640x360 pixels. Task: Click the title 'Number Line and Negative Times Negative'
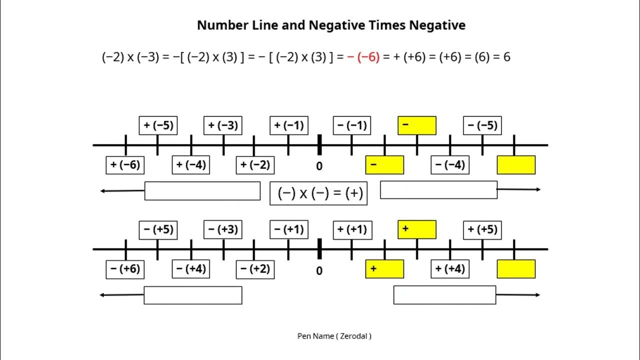tap(331, 25)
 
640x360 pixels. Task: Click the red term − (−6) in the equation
tap(363, 57)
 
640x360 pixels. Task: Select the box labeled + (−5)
tap(158, 125)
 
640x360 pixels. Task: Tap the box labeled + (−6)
tap(125, 165)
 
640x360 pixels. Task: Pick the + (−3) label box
tap(223, 125)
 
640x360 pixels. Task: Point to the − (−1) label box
tap(352, 125)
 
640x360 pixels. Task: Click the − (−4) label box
tap(450, 165)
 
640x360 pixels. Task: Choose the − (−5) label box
tap(482, 125)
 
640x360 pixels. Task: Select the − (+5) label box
tap(158, 229)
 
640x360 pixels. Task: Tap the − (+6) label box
tap(125, 269)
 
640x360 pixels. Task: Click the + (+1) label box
tap(352, 229)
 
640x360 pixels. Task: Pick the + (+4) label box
tap(450, 269)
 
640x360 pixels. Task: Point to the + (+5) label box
tap(482, 229)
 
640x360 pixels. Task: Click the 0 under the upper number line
tap(319, 165)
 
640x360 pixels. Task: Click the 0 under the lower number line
tap(319, 271)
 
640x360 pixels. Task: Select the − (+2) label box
tap(255, 269)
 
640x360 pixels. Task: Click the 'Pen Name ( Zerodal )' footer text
tap(334, 336)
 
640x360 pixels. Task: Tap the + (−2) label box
tap(255, 165)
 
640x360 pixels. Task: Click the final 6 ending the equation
tap(507, 57)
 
